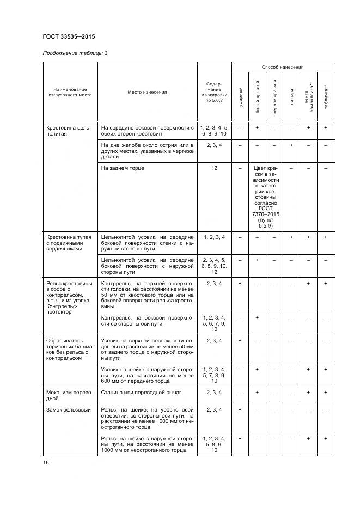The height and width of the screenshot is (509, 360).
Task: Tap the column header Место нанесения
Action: click(147, 92)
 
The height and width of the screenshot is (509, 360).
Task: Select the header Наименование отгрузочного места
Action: click(70, 92)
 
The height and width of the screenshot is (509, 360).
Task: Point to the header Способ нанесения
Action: click(282, 67)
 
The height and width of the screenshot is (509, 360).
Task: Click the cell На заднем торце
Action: click(123, 169)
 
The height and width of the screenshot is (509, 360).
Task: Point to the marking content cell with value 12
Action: click(214, 169)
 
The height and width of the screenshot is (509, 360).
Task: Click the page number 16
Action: click(46, 463)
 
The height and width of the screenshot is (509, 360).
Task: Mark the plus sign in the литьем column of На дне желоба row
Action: click(291, 145)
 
